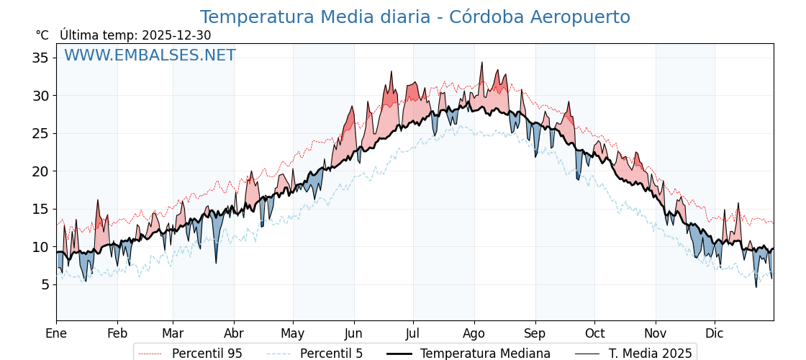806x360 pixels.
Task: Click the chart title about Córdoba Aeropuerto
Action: click(415, 17)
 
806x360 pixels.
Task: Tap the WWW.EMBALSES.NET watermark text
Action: click(150, 55)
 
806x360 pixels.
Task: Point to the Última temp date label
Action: click(135, 35)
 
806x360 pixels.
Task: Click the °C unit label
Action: click(42, 35)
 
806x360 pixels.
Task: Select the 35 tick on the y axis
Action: click(40, 58)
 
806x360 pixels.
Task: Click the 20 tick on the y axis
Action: click(40, 171)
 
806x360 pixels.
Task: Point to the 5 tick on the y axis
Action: click(45, 284)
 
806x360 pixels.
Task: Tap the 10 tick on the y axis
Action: click(40, 247)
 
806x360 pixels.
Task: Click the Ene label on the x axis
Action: click(56, 333)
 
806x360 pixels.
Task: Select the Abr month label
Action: click(234, 333)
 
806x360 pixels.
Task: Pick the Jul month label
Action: click(413, 333)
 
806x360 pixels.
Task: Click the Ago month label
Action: click(474, 333)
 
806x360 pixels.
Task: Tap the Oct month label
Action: click(594, 333)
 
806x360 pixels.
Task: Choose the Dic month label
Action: click(715, 333)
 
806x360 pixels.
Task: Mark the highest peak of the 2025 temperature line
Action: click(482, 63)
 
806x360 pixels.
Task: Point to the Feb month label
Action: click(117, 333)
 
